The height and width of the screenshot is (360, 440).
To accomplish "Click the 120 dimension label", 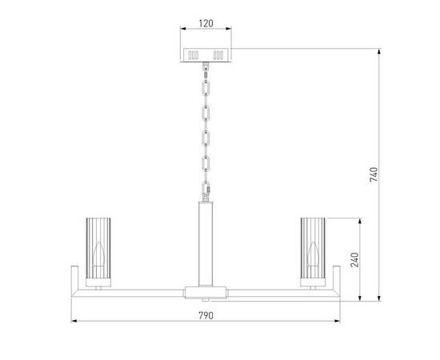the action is coord(206,23).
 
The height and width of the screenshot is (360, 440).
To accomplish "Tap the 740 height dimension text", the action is coord(374,174).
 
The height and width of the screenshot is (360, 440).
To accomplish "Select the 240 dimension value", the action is coord(354,259).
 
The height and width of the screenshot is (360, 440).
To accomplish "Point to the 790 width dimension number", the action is coord(206,316).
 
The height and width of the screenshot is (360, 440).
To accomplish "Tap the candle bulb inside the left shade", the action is coord(98,254).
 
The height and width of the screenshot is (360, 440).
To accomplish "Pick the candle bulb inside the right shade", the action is coord(313,254).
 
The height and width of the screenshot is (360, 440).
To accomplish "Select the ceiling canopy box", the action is coord(206,55).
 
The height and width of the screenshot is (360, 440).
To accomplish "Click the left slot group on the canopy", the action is coord(193,55).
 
